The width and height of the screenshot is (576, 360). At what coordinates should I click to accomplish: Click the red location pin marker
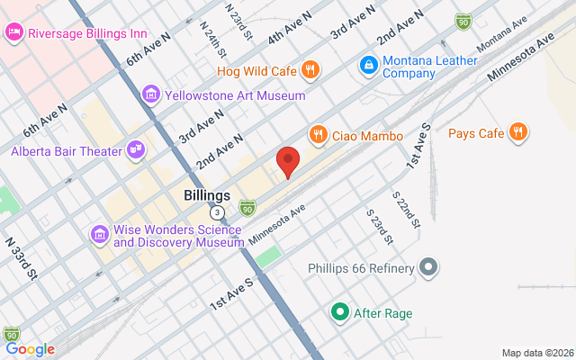pyautogui.click(x=287, y=161)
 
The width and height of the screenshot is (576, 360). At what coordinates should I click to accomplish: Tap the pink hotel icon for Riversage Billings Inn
pyautogui.click(x=14, y=33)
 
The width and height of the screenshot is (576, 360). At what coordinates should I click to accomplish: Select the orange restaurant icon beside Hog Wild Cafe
pyautogui.click(x=310, y=68)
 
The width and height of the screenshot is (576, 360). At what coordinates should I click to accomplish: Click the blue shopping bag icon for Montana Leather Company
pyautogui.click(x=368, y=65)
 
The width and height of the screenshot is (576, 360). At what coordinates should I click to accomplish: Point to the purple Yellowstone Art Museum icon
pyautogui.click(x=150, y=94)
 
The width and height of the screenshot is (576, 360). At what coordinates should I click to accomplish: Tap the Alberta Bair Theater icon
pyautogui.click(x=136, y=150)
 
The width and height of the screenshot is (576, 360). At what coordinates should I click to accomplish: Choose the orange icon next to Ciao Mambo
pyautogui.click(x=318, y=135)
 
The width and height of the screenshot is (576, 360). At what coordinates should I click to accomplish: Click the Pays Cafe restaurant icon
pyautogui.click(x=517, y=133)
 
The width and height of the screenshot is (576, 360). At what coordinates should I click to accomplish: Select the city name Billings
pyautogui.click(x=207, y=195)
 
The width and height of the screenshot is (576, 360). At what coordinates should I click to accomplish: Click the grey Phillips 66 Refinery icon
pyautogui.click(x=429, y=268)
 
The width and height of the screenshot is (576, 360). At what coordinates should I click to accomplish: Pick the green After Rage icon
pyautogui.click(x=339, y=313)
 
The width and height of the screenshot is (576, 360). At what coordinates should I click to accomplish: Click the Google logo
pyautogui.click(x=30, y=349)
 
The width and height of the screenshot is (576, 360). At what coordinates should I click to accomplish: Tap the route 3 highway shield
pyautogui.click(x=218, y=212)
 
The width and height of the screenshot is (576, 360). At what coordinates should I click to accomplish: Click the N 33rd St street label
pyautogui.click(x=22, y=257)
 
